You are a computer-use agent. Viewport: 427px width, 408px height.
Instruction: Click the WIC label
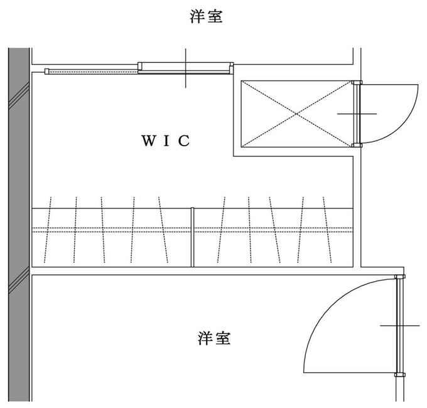(x=166, y=141)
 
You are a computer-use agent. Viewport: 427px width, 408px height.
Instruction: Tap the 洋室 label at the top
(x=206, y=16)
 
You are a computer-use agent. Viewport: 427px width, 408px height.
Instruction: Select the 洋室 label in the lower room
(x=214, y=338)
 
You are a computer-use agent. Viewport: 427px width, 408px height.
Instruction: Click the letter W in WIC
(x=149, y=141)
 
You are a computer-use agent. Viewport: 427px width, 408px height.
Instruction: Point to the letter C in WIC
(x=185, y=141)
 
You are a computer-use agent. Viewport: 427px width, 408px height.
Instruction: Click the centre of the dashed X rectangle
(x=296, y=114)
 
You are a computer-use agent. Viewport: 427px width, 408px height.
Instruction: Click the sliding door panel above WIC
(x=185, y=68)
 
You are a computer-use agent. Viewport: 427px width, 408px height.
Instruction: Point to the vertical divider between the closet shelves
(x=193, y=237)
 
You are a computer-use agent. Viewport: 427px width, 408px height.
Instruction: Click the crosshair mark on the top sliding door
(x=186, y=68)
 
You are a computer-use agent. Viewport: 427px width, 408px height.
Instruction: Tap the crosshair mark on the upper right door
(x=357, y=114)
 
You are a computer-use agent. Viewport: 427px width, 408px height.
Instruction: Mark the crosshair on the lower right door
(x=400, y=326)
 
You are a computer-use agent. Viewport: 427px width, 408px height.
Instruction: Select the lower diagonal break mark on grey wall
(x=19, y=280)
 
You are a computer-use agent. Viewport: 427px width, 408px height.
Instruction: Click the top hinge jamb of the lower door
(x=400, y=277)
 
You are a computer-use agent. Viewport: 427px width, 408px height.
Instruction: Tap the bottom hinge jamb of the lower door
(x=400, y=375)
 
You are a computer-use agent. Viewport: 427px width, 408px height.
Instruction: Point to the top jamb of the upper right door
(x=357, y=82)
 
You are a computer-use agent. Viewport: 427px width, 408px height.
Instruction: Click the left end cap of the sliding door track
(x=47, y=72)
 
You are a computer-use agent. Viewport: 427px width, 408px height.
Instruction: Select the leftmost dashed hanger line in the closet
(x=48, y=230)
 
